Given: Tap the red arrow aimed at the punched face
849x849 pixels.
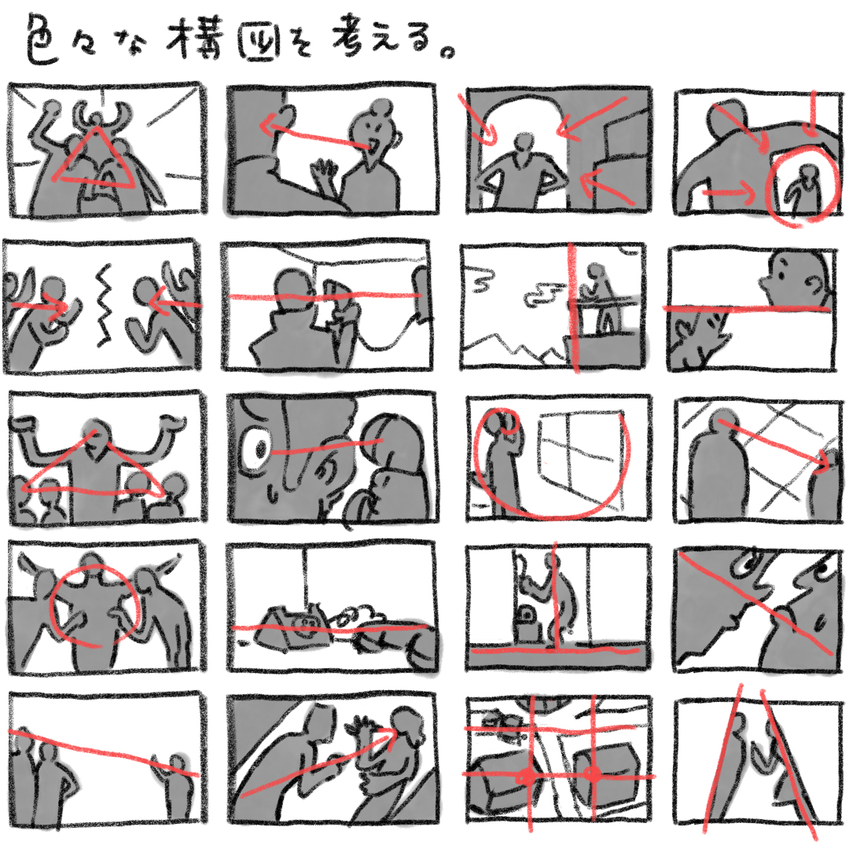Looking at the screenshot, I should (x=314, y=763).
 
